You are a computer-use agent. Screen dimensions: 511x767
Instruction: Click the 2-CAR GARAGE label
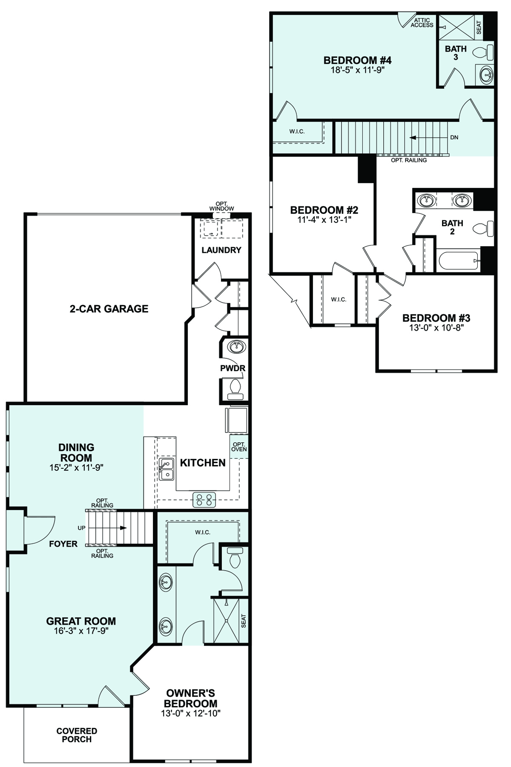109,309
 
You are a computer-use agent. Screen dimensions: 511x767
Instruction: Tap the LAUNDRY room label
221,250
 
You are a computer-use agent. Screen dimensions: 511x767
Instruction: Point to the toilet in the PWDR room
235,389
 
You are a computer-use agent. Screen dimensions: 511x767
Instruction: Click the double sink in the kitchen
166,469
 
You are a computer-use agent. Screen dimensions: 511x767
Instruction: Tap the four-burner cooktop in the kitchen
204,499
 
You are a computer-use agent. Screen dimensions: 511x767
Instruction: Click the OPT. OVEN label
239,447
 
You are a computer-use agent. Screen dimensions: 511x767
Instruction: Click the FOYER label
63,544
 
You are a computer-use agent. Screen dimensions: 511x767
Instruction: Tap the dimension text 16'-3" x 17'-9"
81,631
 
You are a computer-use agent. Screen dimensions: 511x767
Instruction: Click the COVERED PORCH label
77,735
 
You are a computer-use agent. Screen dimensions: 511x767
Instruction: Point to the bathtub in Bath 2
459,261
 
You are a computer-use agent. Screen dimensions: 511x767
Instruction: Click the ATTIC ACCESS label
422,23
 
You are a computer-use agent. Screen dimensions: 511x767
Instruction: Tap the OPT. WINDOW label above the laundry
221,206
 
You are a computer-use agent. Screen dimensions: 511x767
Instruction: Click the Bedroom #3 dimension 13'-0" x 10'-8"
436,328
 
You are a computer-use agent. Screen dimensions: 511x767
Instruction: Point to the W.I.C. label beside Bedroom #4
297,131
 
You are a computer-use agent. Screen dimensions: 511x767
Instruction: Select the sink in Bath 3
486,75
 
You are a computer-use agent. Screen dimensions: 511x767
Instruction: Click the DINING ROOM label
76,453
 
